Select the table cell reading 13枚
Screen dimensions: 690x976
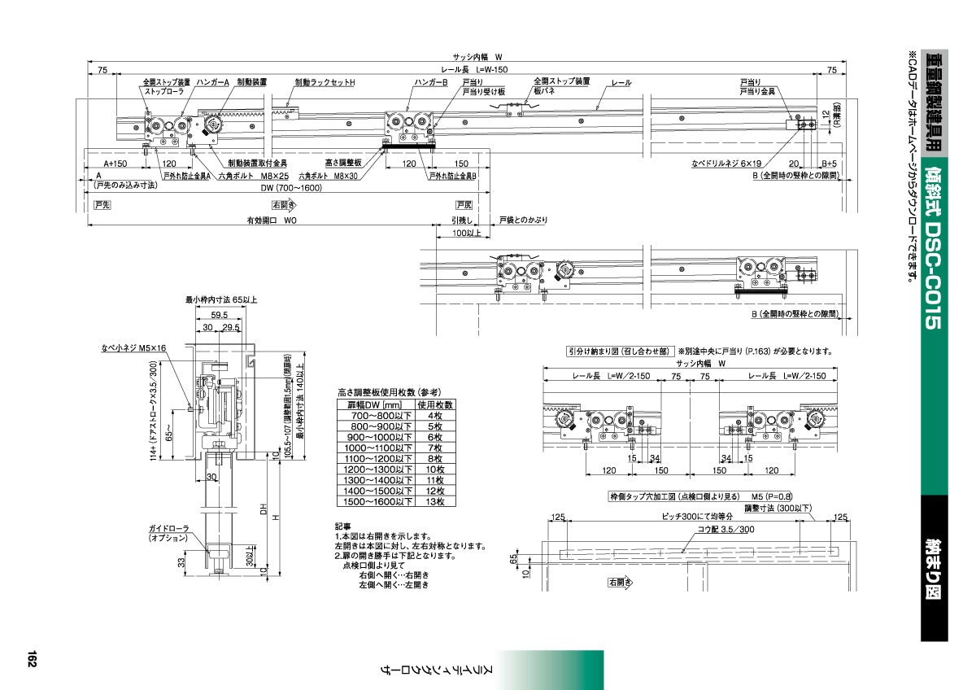point(435,502)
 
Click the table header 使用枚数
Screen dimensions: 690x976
point(435,404)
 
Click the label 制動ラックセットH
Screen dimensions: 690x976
point(325,83)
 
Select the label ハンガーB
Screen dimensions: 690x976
point(431,83)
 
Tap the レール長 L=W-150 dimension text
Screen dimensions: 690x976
point(480,71)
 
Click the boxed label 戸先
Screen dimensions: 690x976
point(102,205)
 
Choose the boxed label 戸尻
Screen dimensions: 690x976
point(464,205)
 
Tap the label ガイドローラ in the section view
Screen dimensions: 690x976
point(168,529)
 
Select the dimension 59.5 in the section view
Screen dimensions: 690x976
point(218,314)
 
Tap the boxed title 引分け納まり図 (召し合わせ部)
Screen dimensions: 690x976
point(619,352)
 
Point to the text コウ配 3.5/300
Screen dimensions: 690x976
point(701,529)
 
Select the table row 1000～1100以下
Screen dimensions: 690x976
point(396,448)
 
